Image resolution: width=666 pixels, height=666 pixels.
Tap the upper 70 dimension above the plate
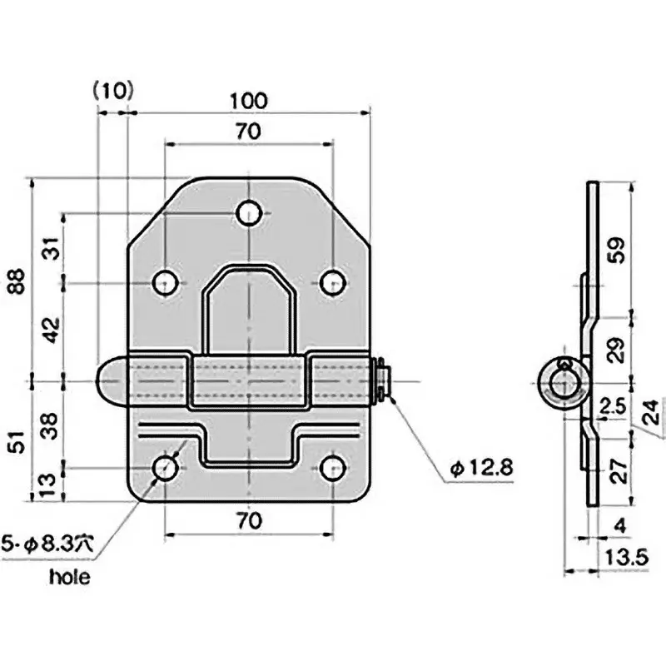[x=247, y=132]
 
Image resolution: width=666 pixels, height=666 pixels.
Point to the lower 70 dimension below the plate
[x=247, y=521]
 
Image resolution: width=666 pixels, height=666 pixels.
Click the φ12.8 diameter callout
[x=480, y=470]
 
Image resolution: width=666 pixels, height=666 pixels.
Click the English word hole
[x=72, y=575]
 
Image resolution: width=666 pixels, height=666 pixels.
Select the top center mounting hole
[x=249, y=213]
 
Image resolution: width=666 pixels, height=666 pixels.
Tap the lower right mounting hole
[x=333, y=469]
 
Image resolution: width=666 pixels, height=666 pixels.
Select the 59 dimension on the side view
[x=614, y=250]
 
